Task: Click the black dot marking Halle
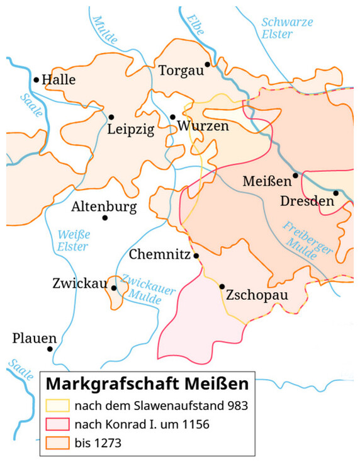coord(37,80)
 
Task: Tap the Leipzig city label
coord(130,131)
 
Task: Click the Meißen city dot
coord(295,175)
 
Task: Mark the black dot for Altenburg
coord(104,218)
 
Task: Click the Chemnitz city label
coord(159,255)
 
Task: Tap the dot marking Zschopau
coord(222,287)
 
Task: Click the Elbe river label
coord(195,25)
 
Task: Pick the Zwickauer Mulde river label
coord(142,286)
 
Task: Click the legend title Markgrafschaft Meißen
coord(148,383)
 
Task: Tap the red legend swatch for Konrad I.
coord(56,424)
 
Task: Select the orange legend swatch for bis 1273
coord(56,443)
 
